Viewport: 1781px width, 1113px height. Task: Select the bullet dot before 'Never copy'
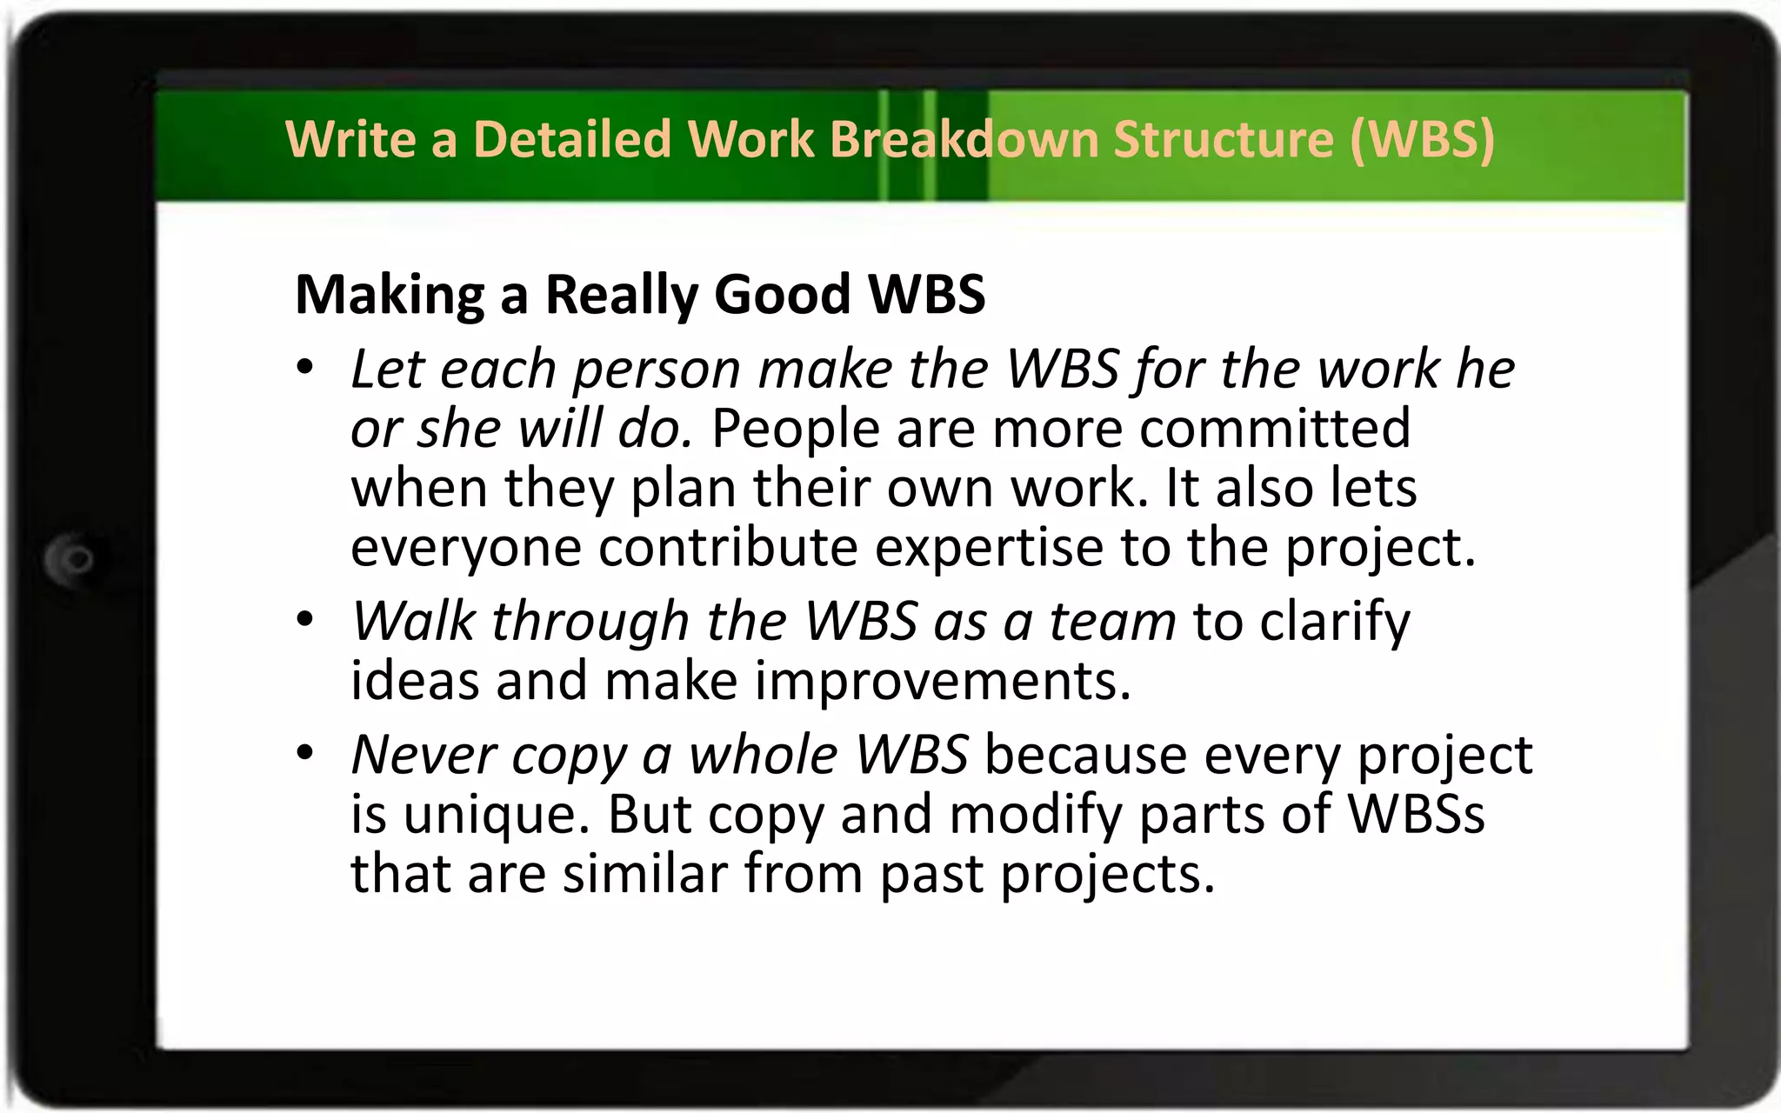point(304,752)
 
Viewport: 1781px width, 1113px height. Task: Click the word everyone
point(466,550)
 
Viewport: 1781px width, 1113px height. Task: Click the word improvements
point(943,681)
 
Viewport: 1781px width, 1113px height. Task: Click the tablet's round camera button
point(71,559)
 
